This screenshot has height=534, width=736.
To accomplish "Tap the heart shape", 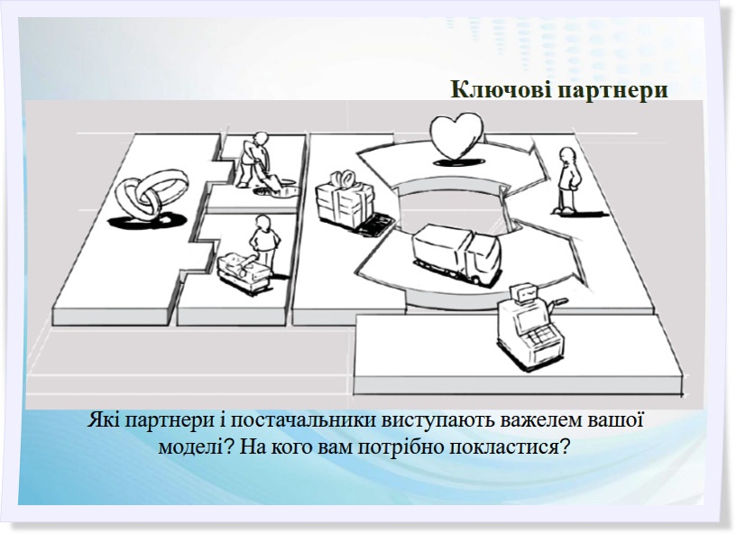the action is (x=456, y=135).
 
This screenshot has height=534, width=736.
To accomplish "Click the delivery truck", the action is (x=455, y=253).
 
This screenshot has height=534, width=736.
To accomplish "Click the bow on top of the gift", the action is (x=342, y=179).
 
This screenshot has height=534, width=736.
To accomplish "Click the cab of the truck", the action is (x=480, y=259).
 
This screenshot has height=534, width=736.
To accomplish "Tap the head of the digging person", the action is (x=260, y=139).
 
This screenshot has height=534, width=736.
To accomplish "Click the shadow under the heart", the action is (x=454, y=162).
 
